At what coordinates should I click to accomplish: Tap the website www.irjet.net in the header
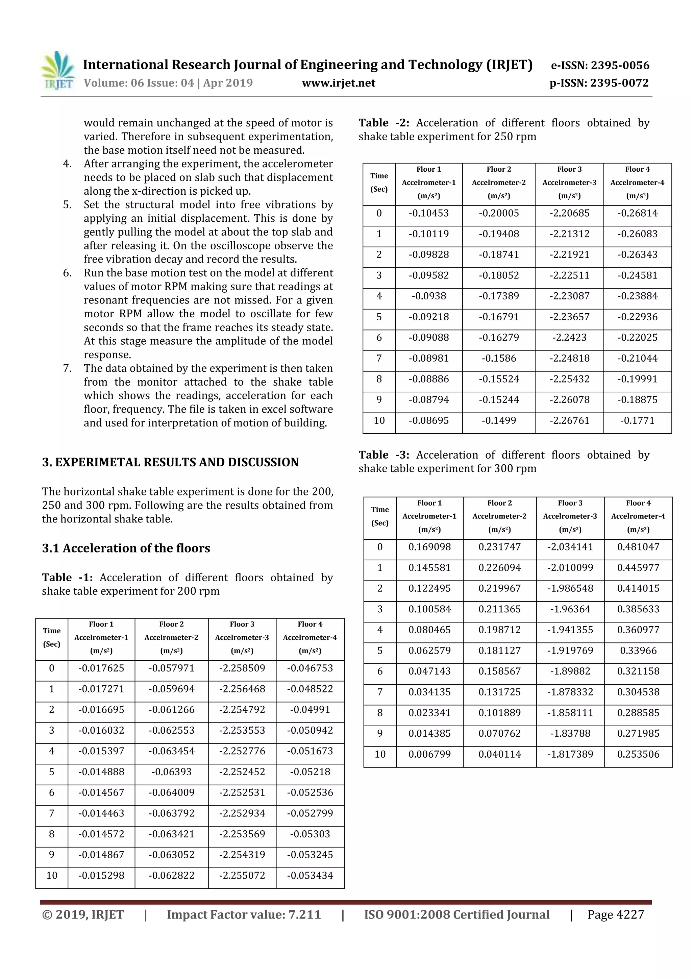(339, 83)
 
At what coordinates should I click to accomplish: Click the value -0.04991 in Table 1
(310, 710)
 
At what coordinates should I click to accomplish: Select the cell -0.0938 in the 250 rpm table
(428, 296)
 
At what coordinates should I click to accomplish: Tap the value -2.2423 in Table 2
(569, 337)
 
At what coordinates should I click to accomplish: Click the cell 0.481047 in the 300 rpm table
(638, 547)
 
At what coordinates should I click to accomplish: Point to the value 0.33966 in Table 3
(638, 651)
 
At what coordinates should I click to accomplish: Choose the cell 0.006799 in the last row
(429, 754)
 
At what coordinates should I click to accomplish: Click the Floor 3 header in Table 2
(569, 169)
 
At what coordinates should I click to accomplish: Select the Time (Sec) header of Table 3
(380, 516)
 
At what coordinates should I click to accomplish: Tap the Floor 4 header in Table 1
(310, 624)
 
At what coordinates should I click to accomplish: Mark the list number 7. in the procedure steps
(67, 368)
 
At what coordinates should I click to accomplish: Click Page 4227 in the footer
(615, 914)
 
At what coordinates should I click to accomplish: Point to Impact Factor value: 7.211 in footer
(244, 914)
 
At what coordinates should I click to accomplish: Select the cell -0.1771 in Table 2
(637, 420)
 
